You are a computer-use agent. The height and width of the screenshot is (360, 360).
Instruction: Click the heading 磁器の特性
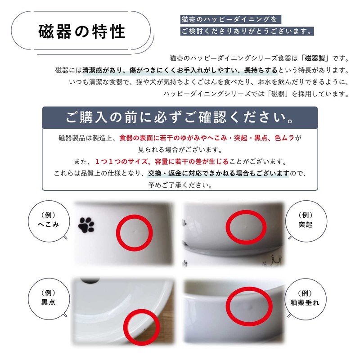click(81, 32)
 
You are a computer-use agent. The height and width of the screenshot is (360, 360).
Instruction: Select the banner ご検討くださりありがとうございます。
click(246, 31)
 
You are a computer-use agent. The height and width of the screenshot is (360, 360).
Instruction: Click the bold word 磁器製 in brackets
click(318, 58)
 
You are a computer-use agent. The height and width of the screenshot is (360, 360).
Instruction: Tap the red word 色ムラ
click(285, 138)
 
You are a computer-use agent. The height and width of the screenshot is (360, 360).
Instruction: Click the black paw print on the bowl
click(86, 225)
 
